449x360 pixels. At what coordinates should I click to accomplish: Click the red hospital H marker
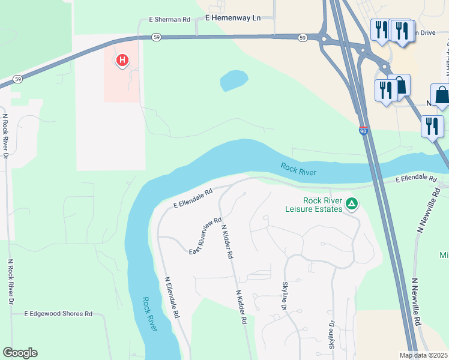[x=122, y=60]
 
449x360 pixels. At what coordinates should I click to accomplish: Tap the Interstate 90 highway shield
[x=364, y=130]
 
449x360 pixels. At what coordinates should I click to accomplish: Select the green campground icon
[x=352, y=205]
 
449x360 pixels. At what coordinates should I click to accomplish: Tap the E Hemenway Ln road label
[x=233, y=19]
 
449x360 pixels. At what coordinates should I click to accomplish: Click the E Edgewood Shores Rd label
[x=58, y=314]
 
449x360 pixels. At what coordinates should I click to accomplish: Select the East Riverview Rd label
[x=206, y=235]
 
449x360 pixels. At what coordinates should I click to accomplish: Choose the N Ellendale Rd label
[x=172, y=297]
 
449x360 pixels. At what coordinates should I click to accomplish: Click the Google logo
[x=20, y=353]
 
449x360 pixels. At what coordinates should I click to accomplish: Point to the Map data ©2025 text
[x=424, y=355]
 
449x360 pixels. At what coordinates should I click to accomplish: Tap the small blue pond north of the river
[x=234, y=80]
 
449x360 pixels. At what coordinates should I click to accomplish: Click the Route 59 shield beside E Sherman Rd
[x=155, y=37]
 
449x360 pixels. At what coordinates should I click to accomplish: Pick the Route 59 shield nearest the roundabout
[x=303, y=38]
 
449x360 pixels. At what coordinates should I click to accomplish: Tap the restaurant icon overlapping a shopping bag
[x=384, y=90]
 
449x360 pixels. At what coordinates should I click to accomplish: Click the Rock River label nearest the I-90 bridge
[x=298, y=169]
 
